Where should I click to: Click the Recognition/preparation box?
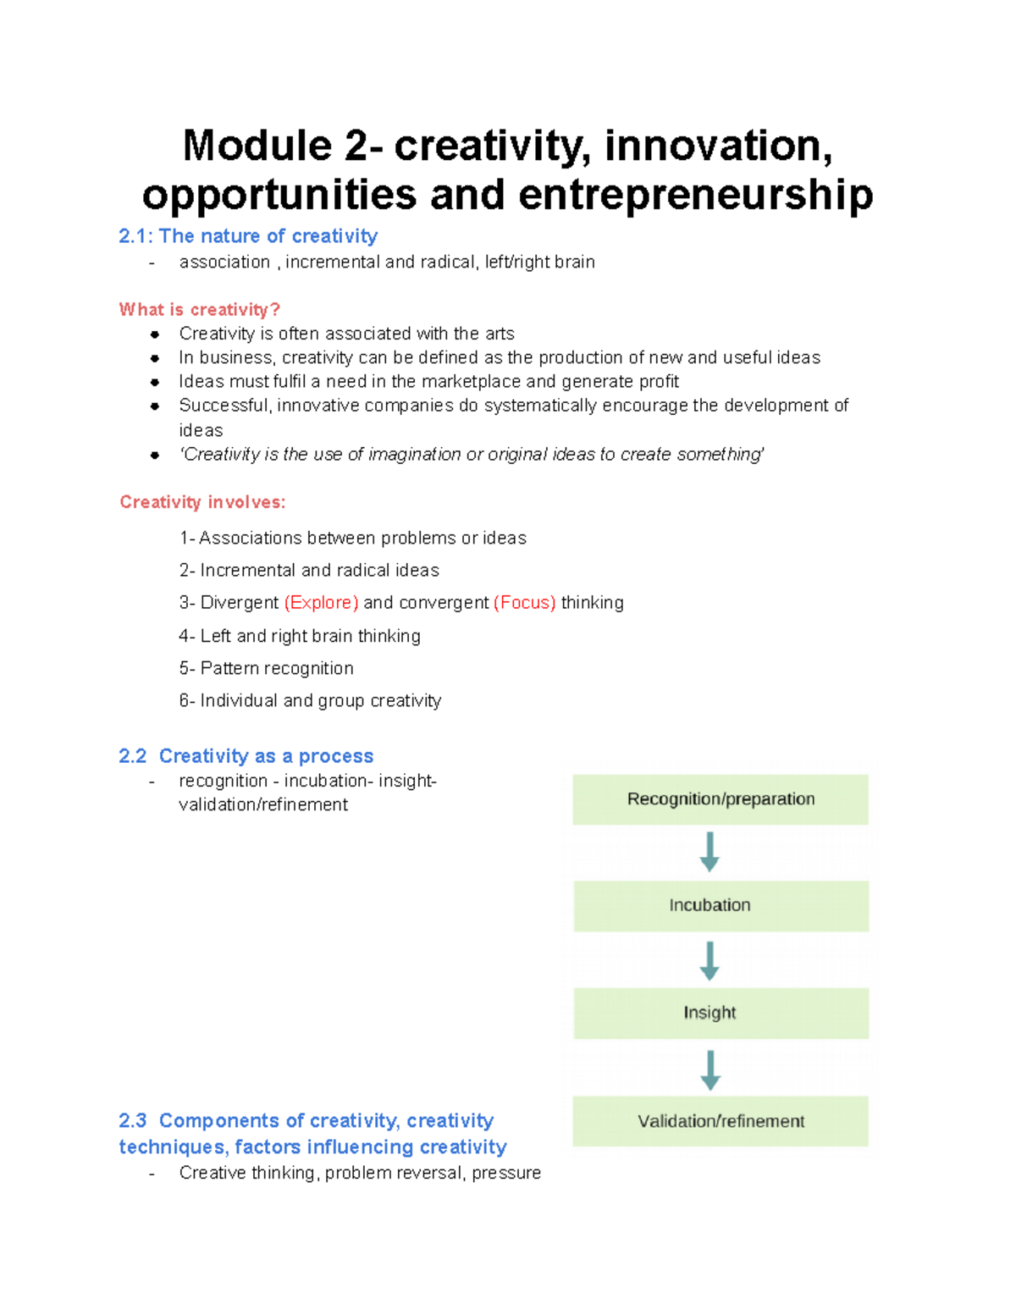(x=721, y=799)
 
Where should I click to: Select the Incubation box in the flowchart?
(x=721, y=906)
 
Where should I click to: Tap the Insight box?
(x=721, y=1013)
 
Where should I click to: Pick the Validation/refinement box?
(x=721, y=1121)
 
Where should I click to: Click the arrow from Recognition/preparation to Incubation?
(x=710, y=851)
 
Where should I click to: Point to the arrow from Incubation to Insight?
(x=710, y=960)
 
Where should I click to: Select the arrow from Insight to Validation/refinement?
(x=710, y=1069)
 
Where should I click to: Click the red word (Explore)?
(x=321, y=603)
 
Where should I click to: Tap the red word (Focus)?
(x=524, y=603)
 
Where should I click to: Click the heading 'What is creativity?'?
(x=199, y=310)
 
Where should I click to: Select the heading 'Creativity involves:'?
(x=202, y=502)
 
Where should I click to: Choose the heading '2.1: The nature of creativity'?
(x=248, y=236)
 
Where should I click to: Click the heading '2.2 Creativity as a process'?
(x=246, y=756)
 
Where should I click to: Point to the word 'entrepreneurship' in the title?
(x=695, y=195)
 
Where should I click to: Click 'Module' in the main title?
(x=257, y=146)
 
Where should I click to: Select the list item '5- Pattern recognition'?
(x=266, y=668)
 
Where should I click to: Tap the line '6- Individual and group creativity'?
(x=310, y=700)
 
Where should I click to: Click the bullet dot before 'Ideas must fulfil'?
(x=155, y=382)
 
